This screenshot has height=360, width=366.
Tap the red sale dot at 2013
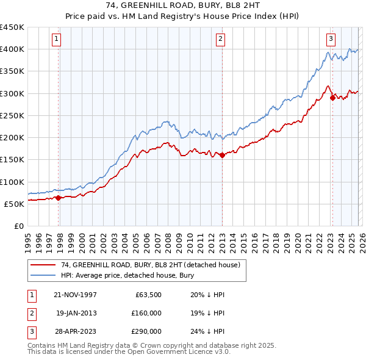click(x=222, y=155)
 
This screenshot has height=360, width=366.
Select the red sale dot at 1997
click(x=59, y=198)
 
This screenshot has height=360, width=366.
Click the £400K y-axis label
click(x=12, y=49)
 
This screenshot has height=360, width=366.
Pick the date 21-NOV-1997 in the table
click(x=76, y=295)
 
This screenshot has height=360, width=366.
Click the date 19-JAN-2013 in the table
click(x=76, y=313)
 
